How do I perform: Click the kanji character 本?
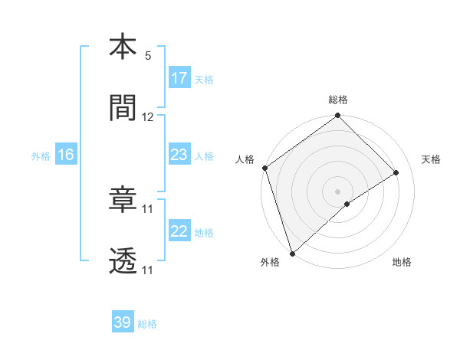pos(123,47)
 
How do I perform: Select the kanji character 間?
pos(123,109)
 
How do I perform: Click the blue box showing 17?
pos(179,78)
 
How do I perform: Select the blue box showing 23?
pos(179,155)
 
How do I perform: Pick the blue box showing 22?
pos(179,231)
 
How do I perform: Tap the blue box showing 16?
pos(66,155)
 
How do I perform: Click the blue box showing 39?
pos(123,322)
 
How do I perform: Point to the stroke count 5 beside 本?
pos(148,56)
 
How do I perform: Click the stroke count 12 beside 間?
pos(148,117)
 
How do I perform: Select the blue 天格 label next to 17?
pos(204,79)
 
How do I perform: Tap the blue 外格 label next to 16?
pos(41,155)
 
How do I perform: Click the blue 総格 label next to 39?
pos(147,323)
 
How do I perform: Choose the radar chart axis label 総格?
pos(338,100)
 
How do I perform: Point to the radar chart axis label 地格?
pos(402,262)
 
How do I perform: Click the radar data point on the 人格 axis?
pos(264,168)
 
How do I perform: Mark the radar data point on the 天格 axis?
pos(396,172)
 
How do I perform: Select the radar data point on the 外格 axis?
pos(291,254)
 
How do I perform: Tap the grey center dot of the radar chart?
pos(338,191)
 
